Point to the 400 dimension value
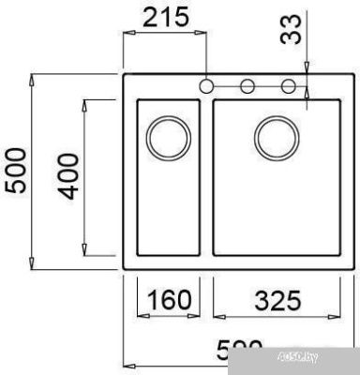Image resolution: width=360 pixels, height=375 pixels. point(68,177)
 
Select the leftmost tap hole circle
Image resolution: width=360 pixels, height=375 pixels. point(207,87)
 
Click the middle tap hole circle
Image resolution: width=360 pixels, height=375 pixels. point(247,87)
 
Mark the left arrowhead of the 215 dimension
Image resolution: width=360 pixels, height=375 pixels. point(128,33)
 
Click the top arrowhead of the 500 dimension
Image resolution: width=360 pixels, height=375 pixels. point(34,77)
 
